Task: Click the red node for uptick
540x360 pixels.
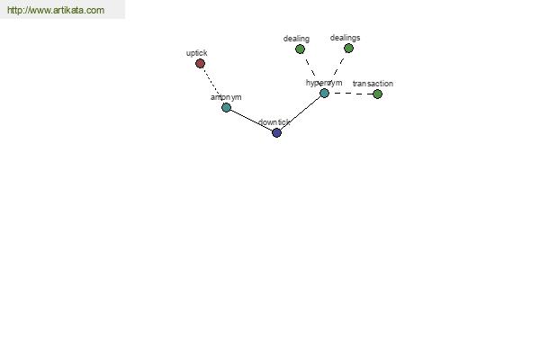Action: click(200, 63)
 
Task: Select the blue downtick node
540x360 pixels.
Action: click(276, 132)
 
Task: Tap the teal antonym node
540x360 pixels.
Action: click(226, 107)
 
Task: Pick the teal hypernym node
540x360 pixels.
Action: click(324, 93)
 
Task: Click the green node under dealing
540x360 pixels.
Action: click(300, 49)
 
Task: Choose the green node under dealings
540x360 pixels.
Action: click(348, 49)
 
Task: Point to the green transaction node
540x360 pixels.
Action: click(377, 94)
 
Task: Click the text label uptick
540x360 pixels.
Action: click(196, 53)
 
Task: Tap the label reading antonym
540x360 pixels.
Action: click(226, 97)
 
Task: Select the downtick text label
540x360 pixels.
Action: click(274, 122)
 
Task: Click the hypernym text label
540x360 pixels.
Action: click(324, 83)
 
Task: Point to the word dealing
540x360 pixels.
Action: click(296, 39)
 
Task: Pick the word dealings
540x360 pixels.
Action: click(345, 38)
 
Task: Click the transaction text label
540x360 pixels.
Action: click(373, 84)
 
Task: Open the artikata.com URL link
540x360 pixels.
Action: click(56, 10)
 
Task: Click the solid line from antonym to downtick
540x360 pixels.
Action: click(251, 121)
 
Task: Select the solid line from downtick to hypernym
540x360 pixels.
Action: click(301, 113)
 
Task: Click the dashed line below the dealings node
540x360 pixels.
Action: click(338, 67)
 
